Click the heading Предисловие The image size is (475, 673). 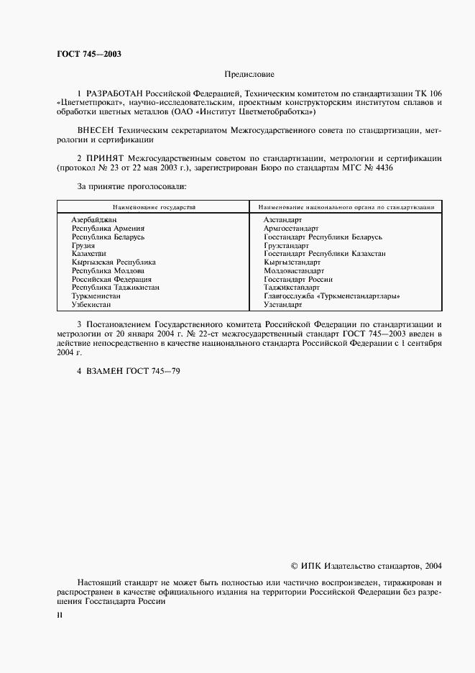249,74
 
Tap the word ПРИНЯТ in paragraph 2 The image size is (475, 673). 105,157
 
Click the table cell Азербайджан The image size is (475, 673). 94,219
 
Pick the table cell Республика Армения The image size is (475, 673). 108,228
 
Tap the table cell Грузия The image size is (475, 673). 83,245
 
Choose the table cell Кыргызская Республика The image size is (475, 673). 113,262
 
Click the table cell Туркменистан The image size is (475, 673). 96,296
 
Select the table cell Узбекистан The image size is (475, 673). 91,305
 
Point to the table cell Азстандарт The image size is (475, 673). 283,219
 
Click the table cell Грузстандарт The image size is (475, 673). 286,245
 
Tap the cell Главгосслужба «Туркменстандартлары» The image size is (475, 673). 331,296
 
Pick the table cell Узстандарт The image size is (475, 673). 282,305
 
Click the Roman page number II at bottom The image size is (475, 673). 60,615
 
